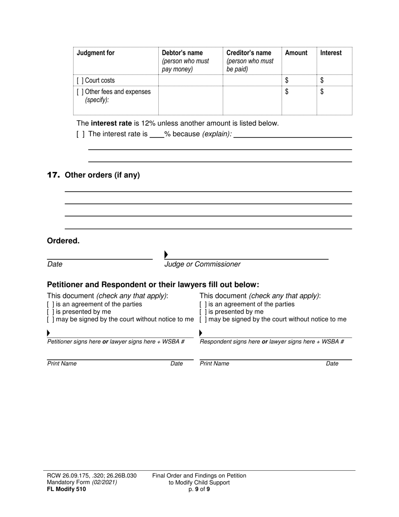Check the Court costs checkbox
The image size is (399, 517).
(x=80, y=80)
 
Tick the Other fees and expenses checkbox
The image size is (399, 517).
(x=80, y=92)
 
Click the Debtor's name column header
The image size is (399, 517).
(x=182, y=53)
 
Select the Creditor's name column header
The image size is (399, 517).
(x=249, y=53)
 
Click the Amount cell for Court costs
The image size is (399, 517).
(x=299, y=80)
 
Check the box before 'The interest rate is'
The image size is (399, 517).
(x=80, y=134)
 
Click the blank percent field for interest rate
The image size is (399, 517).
(x=156, y=135)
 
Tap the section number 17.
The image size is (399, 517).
(x=53, y=175)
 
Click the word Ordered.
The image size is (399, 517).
(x=63, y=241)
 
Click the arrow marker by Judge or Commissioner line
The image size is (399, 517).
(x=166, y=254)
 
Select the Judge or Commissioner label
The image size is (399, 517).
(x=202, y=264)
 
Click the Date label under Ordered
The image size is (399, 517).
(x=55, y=264)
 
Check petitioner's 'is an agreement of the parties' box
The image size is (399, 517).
(x=50, y=304)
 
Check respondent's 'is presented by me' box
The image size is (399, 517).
(x=203, y=312)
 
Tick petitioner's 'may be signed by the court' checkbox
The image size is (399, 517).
(x=50, y=319)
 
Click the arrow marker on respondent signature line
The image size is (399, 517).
(x=201, y=333)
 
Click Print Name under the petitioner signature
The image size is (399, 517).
(x=62, y=364)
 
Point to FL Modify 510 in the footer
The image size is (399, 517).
(x=66, y=489)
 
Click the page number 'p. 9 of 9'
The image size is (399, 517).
(x=199, y=489)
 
